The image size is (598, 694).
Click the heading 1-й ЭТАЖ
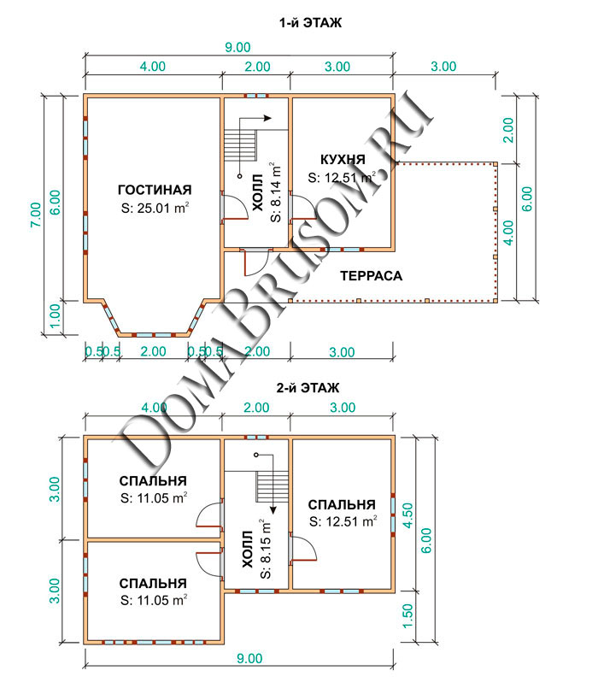(x=310, y=22)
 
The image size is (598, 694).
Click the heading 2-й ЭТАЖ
(x=308, y=388)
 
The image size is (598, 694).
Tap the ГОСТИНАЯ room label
(x=155, y=190)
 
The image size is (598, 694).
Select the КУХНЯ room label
(x=343, y=159)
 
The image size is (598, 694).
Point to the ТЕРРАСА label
(x=371, y=276)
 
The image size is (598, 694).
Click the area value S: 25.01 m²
(x=155, y=208)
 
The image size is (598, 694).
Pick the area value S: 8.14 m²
(x=275, y=192)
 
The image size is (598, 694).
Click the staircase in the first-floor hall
(x=240, y=144)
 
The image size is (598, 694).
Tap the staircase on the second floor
(x=272, y=486)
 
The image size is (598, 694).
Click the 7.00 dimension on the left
(x=35, y=215)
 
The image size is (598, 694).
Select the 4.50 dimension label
(x=407, y=515)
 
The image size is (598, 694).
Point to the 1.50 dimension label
(x=407, y=615)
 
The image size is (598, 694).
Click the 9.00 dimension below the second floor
(x=249, y=659)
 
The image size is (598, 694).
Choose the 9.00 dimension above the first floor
(x=237, y=47)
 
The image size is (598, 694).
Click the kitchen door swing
(x=304, y=207)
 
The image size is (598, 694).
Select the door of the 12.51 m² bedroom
(x=303, y=549)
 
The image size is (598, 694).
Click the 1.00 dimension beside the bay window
(x=55, y=316)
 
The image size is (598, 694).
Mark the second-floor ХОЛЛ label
(x=248, y=550)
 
